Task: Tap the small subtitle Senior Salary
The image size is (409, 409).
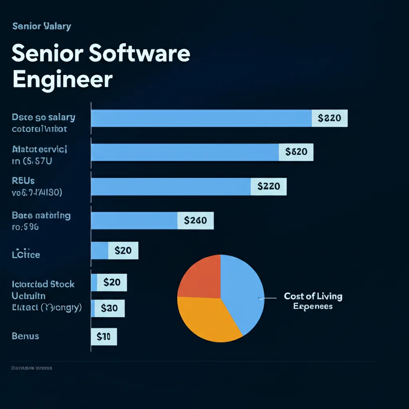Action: tap(42, 26)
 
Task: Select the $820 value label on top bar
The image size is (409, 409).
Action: tap(330, 118)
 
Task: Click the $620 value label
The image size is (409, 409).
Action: tap(296, 152)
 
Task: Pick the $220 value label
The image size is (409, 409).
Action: tap(268, 186)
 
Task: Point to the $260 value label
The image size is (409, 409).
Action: tap(195, 220)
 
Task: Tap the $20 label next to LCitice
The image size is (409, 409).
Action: tap(123, 251)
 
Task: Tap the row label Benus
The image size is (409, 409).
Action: tap(26, 336)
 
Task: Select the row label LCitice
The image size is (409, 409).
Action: tap(26, 254)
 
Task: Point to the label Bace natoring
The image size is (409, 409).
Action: tap(41, 216)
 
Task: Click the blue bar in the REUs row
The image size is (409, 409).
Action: tap(171, 187)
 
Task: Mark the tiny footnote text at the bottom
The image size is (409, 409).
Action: tap(32, 368)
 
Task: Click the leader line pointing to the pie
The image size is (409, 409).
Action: tap(268, 298)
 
